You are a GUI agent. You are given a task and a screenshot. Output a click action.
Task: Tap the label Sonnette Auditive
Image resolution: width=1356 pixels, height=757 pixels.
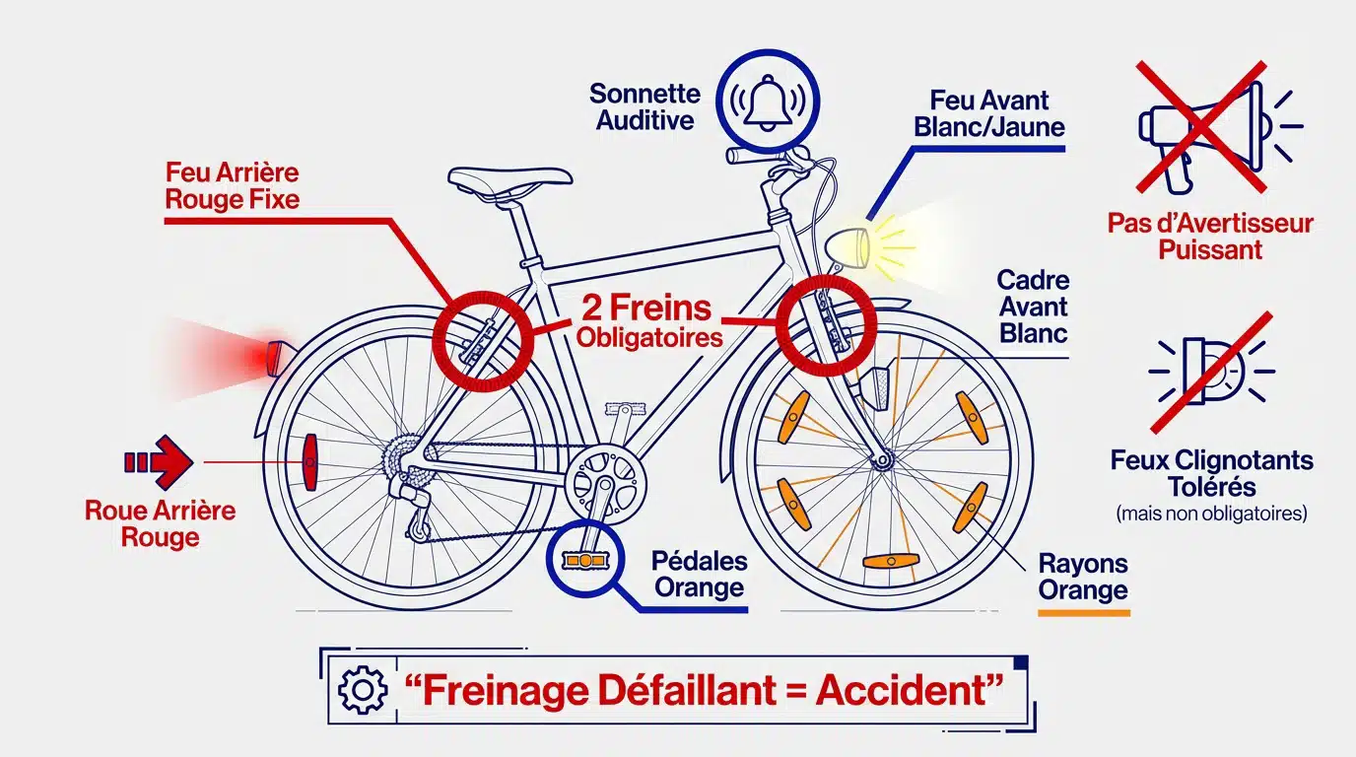click(x=644, y=106)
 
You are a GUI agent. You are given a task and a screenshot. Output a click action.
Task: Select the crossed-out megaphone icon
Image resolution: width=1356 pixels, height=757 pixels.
click(x=1201, y=126)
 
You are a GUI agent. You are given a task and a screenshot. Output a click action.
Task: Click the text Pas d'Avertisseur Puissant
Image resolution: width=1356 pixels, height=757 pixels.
click(x=1210, y=236)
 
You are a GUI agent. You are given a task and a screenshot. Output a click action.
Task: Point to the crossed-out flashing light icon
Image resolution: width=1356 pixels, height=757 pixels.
click(x=1211, y=372)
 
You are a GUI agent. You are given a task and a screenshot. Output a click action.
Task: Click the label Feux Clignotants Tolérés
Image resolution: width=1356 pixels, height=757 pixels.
click(x=1211, y=473)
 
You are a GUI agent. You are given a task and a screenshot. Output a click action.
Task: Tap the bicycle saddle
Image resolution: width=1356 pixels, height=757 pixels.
click(x=509, y=177)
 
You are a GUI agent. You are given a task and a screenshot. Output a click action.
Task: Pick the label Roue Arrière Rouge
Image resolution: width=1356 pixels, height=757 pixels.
click(x=160, y=523)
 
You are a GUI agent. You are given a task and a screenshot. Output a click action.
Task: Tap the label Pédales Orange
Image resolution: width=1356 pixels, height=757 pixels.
click(x=699, y=575)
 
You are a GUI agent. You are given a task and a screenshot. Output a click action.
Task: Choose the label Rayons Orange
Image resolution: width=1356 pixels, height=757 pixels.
click(x=1083, y=577)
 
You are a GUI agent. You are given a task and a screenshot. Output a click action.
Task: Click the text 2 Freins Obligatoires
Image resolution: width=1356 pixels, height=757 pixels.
click(x=648, y=320)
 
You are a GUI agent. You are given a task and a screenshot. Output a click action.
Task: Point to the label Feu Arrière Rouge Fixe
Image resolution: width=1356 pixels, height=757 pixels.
click(x=232, y=185)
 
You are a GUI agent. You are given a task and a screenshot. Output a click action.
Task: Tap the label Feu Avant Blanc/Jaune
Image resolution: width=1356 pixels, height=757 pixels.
click(x=988, y=113)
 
